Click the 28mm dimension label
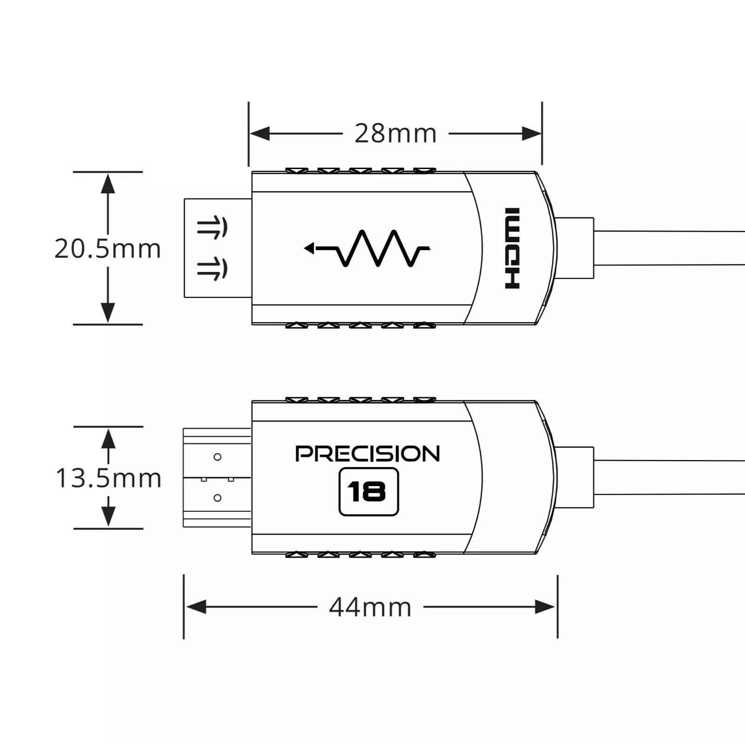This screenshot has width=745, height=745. [x=395, y=134]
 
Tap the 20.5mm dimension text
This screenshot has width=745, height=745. [x=108, y=249]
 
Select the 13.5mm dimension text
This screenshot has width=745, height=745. [x=108, y=478]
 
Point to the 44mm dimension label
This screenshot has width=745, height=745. [x=370, y=607]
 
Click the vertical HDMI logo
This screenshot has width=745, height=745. [x=512, y=248]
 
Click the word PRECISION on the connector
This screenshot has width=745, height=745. [x=367, y=454]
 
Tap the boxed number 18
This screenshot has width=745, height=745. [x=368, y=492]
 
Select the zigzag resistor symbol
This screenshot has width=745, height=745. [x=367, y=248]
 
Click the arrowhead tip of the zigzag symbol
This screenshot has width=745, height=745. [x=305, y=248]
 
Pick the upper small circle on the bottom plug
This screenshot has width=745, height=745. [x=217, y=457]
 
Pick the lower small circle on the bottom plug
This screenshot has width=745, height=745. [x=217, y=498]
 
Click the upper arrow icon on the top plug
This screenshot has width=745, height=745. [x=212, y=228]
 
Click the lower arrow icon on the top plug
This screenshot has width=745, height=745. [x=212, y=269]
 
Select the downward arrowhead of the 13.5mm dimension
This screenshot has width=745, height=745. [x=108, y=517]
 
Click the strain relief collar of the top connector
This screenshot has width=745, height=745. [x=576, y=248]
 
